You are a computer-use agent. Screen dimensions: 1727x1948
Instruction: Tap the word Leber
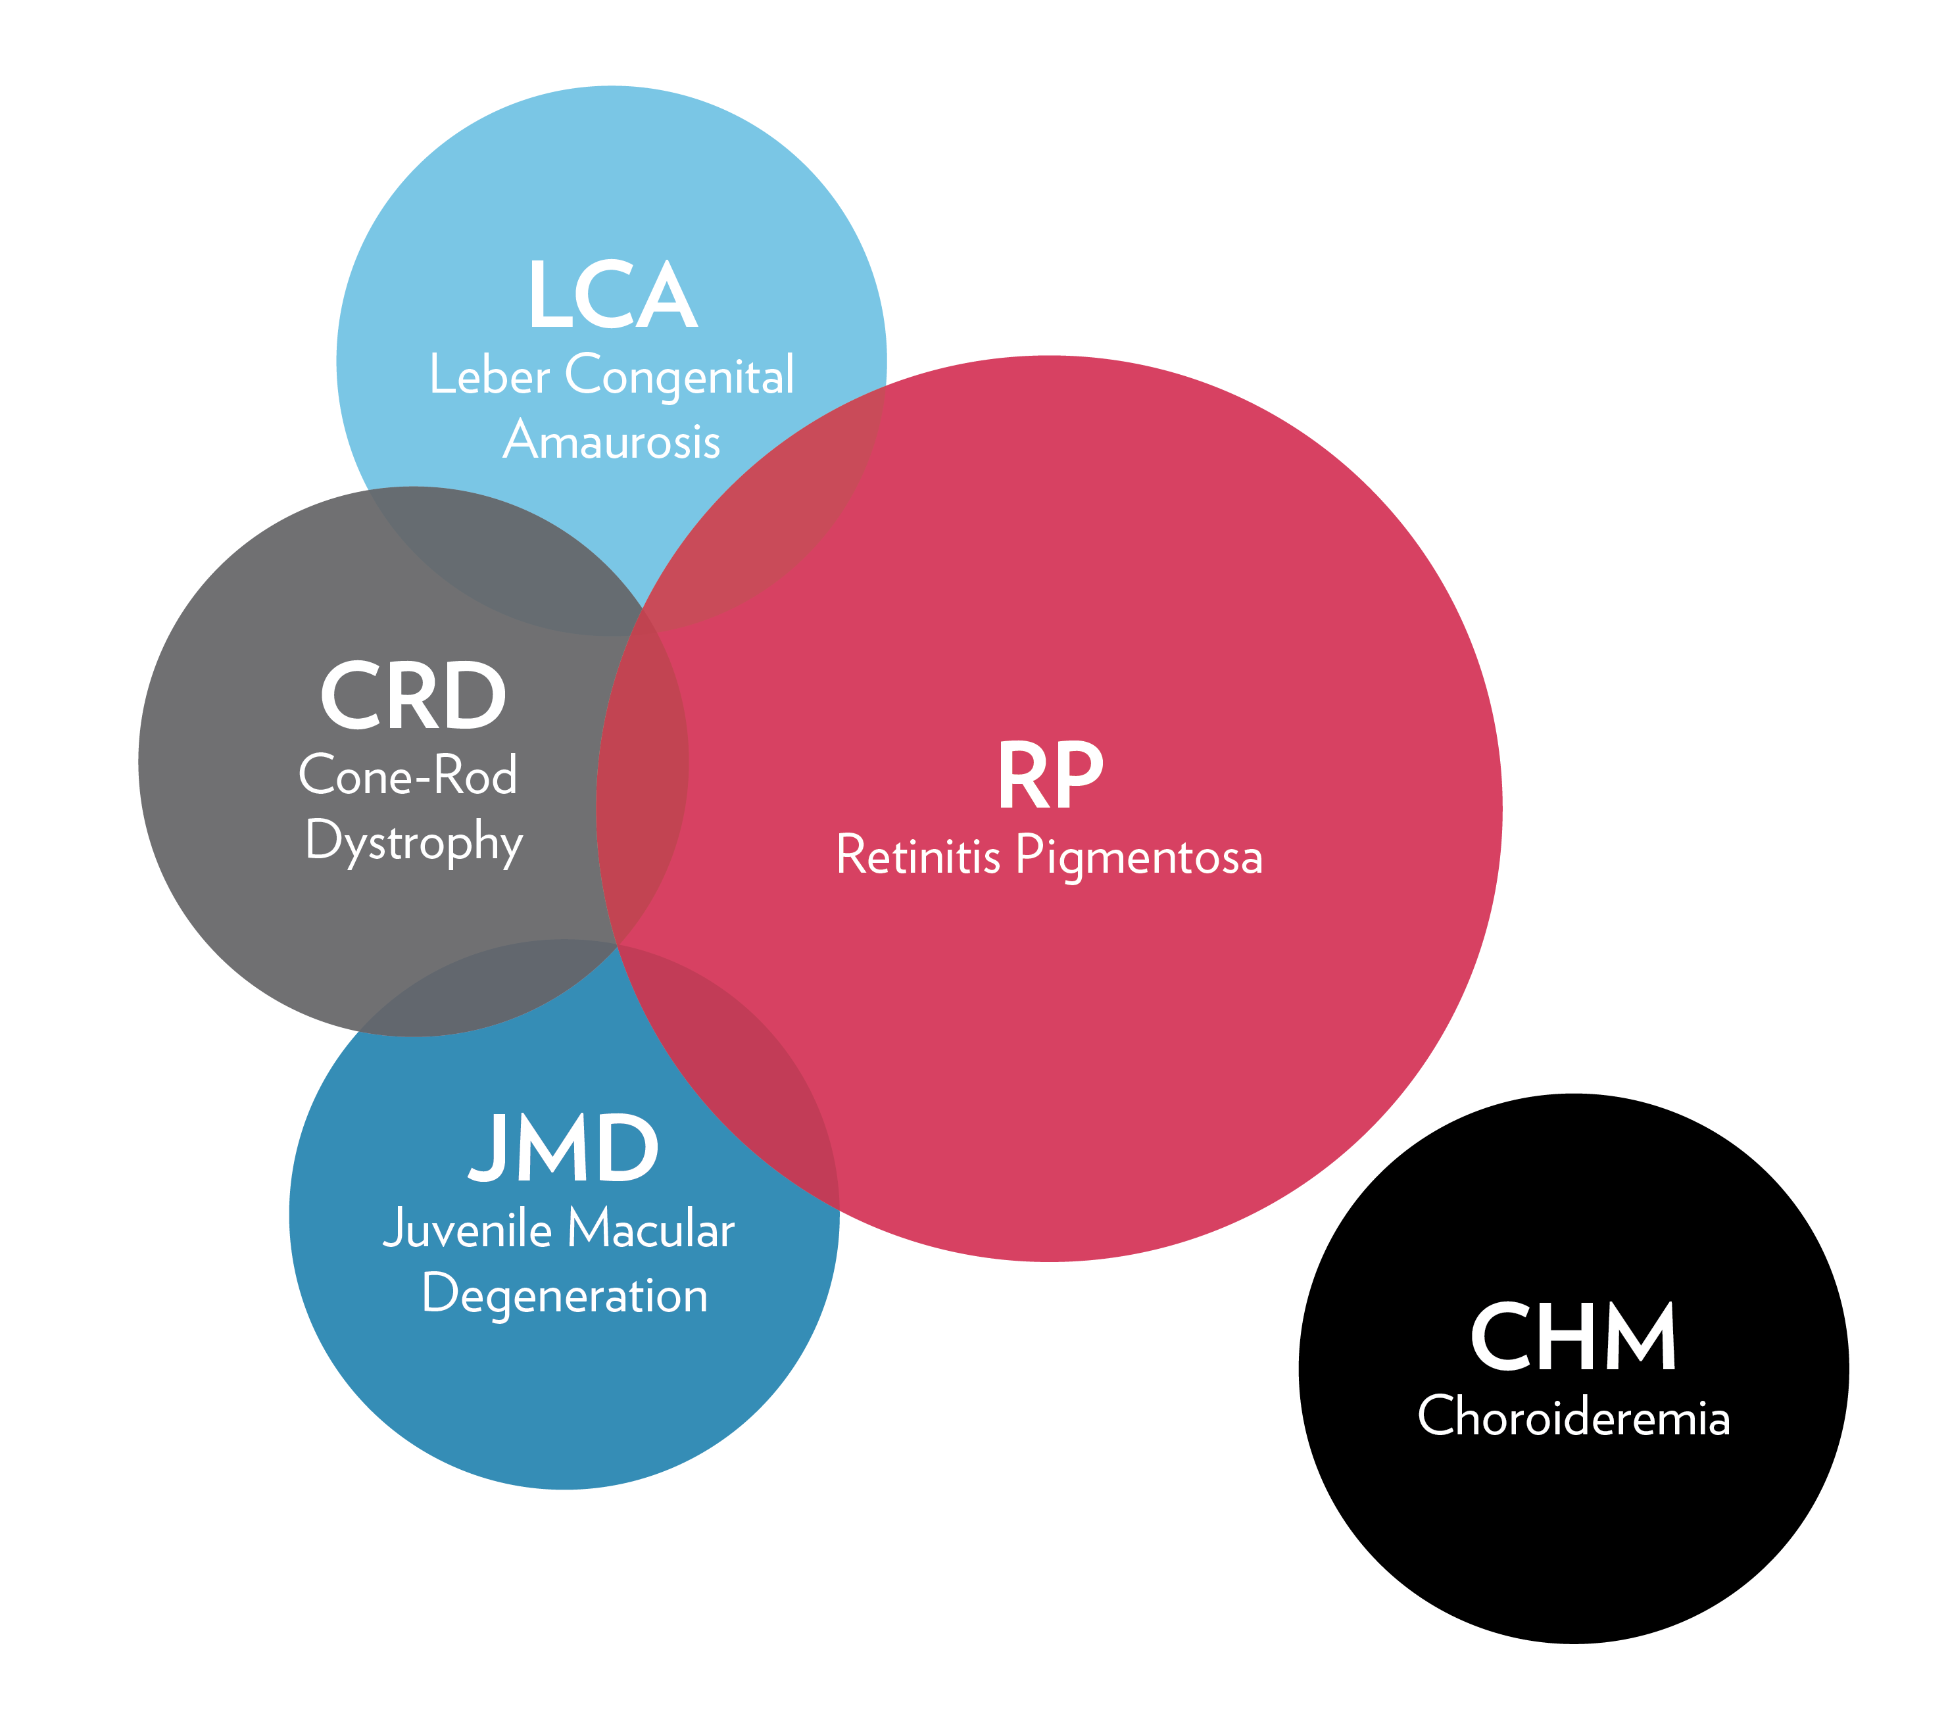coord(489,375)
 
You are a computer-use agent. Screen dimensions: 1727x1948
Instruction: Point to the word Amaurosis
coord(611,441)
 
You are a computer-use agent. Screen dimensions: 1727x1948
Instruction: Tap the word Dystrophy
coord(414,842)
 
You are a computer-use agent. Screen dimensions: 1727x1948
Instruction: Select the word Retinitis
coord(918,855)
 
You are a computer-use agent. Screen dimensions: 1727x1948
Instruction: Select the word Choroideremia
coord(1572,1417)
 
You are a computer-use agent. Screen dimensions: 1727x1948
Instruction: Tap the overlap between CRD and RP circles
coord(641,781)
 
